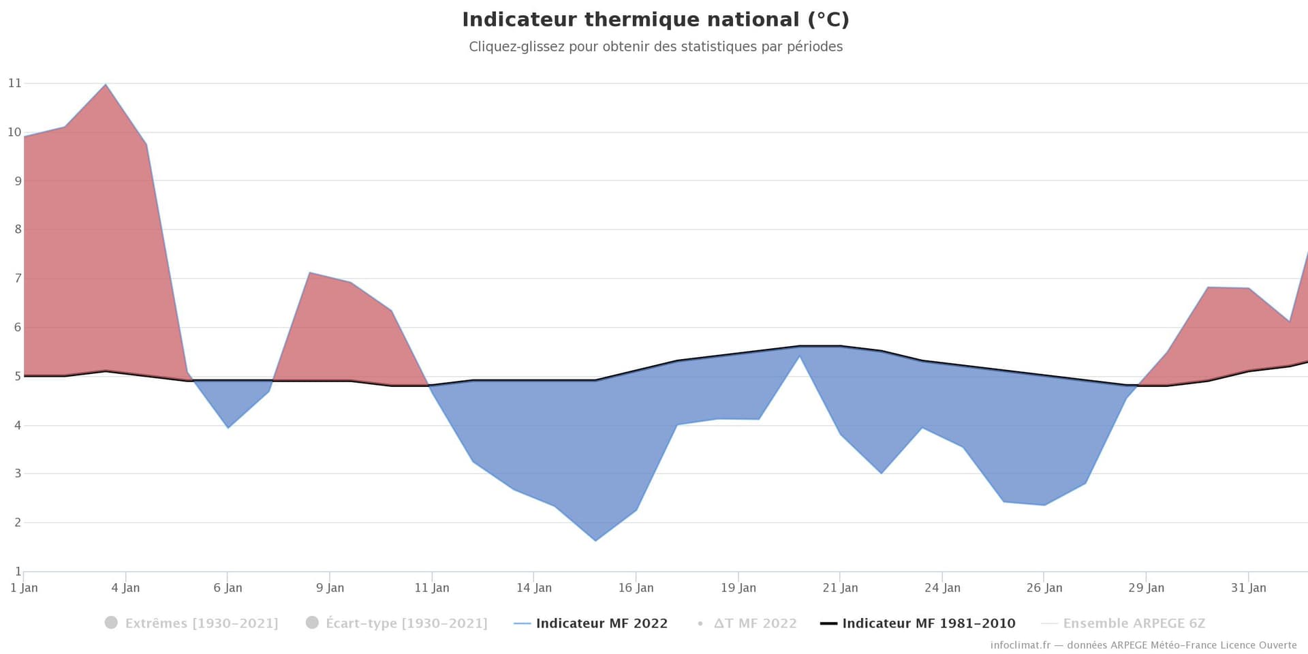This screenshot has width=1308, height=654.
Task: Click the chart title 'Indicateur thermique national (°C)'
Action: pyautogui.click(x=655, y=20)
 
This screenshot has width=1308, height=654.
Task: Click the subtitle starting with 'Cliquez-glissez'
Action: pyautogui.click(x=655, y=47)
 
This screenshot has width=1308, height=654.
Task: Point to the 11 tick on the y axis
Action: pyautogui.click(x=14, y=83)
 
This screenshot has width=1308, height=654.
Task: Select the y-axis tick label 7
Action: pyautogui.click(x=18, y=279)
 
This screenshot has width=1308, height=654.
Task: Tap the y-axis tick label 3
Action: pyautogui.click(x=18, y=473)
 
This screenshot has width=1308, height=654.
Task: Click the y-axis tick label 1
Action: pyautogui.click(x=18, y=572)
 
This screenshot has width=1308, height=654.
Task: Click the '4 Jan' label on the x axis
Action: pyautogui.click(x=125, y=588)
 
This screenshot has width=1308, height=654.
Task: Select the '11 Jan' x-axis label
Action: pyautogui.click(x=432, y=588)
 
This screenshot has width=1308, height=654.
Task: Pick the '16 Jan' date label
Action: pyautogui.click(x=636, y=588)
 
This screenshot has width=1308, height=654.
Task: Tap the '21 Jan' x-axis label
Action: pyautogui.click(x=840, y=588)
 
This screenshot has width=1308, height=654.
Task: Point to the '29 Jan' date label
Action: pyautogui.click(x=1146, y=588)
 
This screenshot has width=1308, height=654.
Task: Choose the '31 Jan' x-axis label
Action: pyautogui.click(x=1248, y=588)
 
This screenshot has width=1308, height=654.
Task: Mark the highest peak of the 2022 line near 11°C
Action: pyautogui.click(x=106, y=84)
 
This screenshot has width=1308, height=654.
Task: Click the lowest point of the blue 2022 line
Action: pyautogui.click(x=595, y=541)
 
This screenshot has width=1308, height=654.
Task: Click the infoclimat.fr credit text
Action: pyautogui.click(x=1143, y=645)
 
